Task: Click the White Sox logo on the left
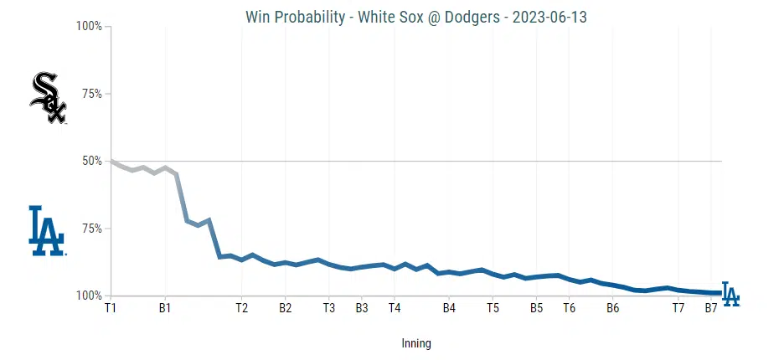click(x=48, y=99)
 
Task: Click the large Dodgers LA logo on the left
click(x=46, y=230)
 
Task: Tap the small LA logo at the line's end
click(x=730, y=295)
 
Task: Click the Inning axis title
click(x=416, y=343)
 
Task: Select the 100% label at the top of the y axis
click(x=89, y=26)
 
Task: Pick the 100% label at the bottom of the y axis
click(x=89, y=296)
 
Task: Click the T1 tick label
click(x=111, y=308)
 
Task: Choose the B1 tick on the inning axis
click(x=164, y=308)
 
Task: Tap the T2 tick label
click(x=241, y=308)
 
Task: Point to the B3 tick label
click(x=362, y=308)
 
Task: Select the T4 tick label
click(x=395, y=308)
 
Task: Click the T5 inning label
click(x=493, y=308)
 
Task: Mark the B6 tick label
click(x=612, y=308)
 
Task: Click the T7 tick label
click(x=678, y=308)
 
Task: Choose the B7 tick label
click(x=710, y=308)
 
